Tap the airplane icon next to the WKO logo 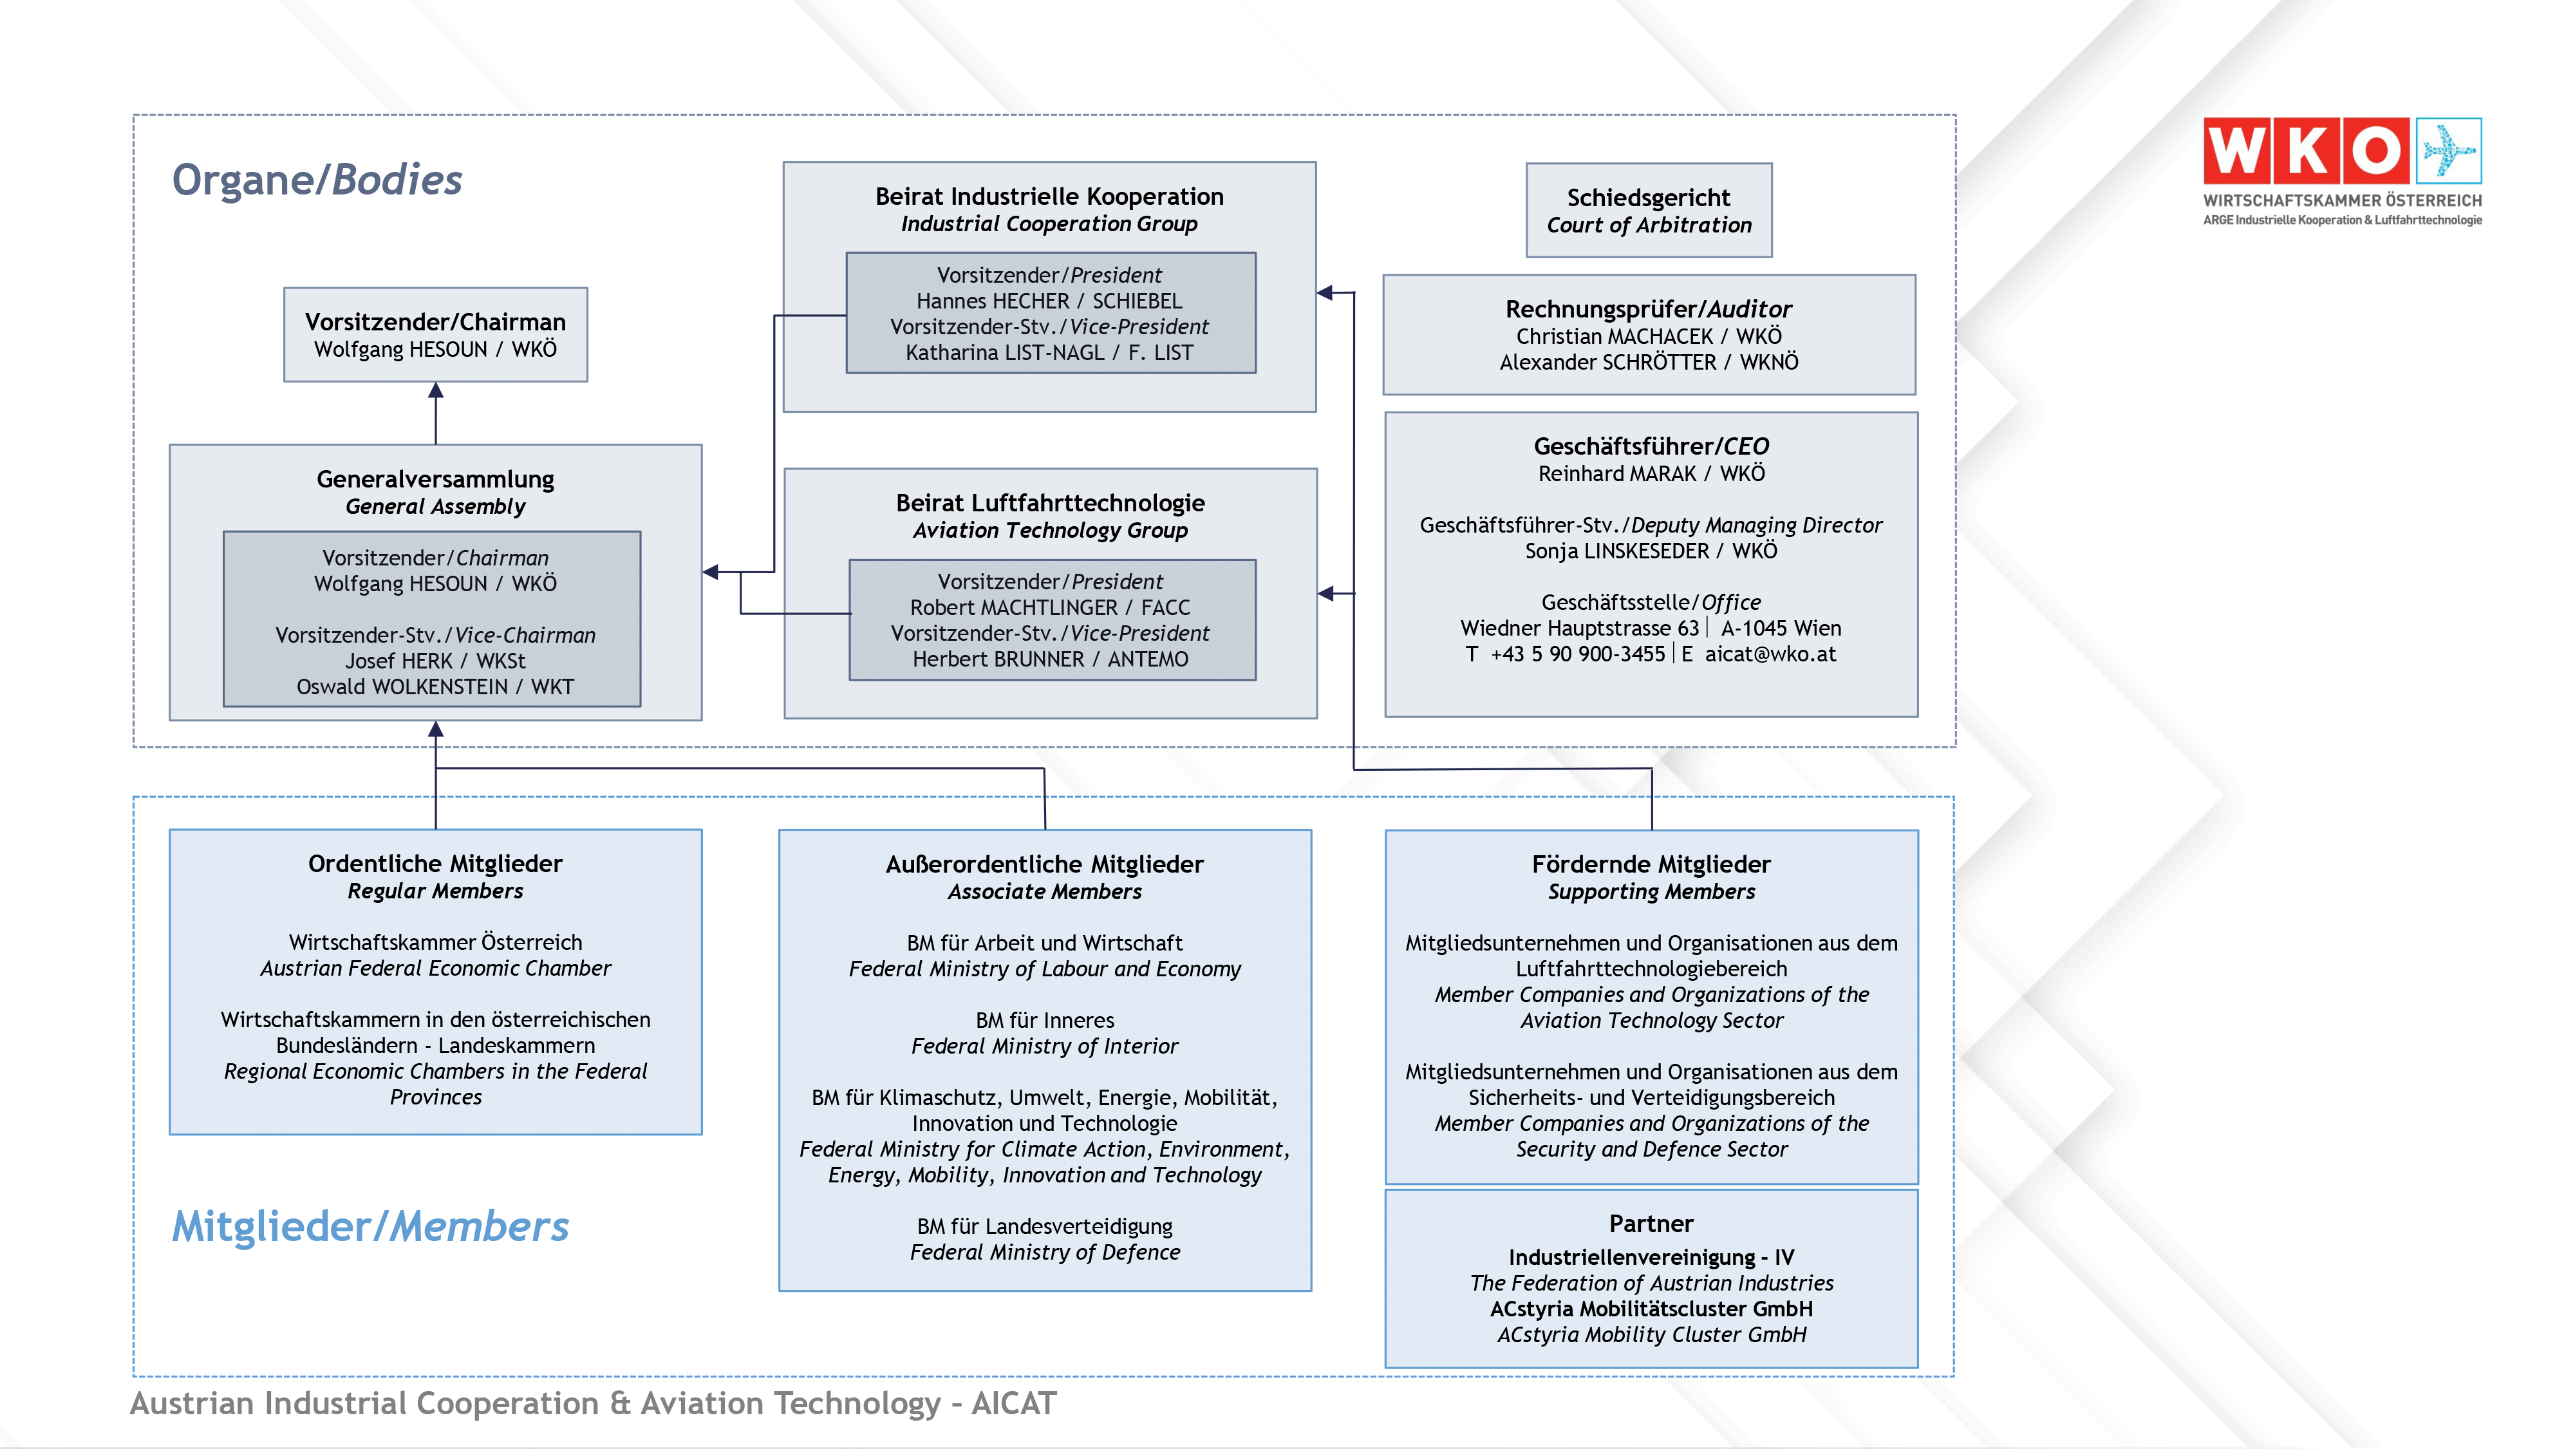tap(2448, 151)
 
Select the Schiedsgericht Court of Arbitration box tap(1649, 210)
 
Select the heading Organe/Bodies tap(317, 180)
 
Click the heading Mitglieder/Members tap(370, 1226)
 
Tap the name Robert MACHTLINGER tap(1013, 608)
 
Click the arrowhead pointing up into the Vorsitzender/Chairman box tap(436, 391)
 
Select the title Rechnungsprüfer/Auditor tap(1649, 309)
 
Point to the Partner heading tap(1651, 1224)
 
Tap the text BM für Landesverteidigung tap(1045, 1226)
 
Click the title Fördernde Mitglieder tap(1651, 864)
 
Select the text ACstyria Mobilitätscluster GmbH tap(1651, 1309)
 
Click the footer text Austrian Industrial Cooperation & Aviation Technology tap(535, 1403)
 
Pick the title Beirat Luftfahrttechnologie tap(1049, 503)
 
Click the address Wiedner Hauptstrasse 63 tap(1578, 628)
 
